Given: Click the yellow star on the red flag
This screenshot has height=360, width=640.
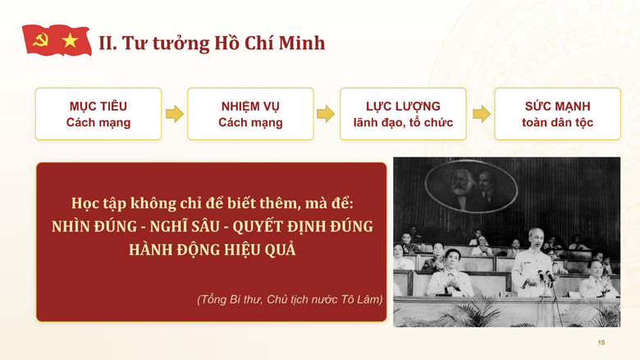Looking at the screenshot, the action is click(71, 40).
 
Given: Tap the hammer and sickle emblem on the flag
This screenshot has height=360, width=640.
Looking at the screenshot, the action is click(40, 40).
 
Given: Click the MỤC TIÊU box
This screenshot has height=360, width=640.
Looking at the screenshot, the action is click(98, 114).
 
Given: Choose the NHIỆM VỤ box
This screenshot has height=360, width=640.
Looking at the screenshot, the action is click(250, 114).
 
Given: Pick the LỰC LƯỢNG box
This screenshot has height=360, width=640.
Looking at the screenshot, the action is click(403, 114).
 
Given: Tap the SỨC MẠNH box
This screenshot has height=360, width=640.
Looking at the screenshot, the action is click(558, 114).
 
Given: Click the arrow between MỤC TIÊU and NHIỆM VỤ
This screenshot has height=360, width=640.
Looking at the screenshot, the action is click(175, 114).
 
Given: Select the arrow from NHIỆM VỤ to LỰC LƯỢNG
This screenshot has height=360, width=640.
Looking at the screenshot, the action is click(326, 114).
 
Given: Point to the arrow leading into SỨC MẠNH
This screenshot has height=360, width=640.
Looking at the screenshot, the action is click(482, 114).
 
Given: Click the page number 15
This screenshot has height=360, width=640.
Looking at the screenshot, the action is click(601, 343).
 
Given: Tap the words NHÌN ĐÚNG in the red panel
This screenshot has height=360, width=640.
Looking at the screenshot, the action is click(94, 226).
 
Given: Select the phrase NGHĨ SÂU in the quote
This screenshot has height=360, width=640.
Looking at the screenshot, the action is click(185, 226).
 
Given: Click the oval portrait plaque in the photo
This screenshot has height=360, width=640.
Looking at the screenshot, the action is click(471, 186).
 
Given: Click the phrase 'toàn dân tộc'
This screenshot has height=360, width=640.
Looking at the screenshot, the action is click(558, 122).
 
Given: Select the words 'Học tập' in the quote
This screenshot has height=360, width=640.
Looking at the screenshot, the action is click(98, 203).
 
